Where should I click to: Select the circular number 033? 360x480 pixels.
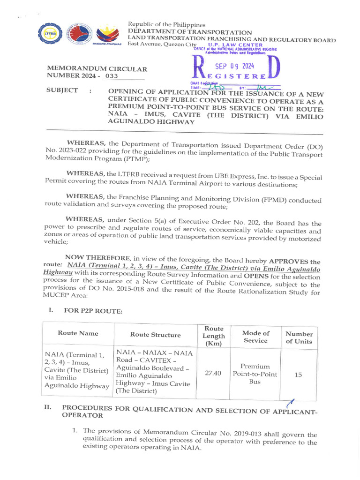click(111, 76)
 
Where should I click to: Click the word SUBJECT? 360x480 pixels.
click(62, 90)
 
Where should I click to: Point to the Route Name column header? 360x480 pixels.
click(78, 333)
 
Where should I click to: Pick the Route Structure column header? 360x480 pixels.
click(155, 335)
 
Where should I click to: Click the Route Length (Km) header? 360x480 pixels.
click(213, 336)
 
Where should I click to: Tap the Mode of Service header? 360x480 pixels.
click(255, 337)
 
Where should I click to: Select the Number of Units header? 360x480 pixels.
click(299, 337)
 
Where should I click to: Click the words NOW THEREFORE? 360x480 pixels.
click(97, 257)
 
